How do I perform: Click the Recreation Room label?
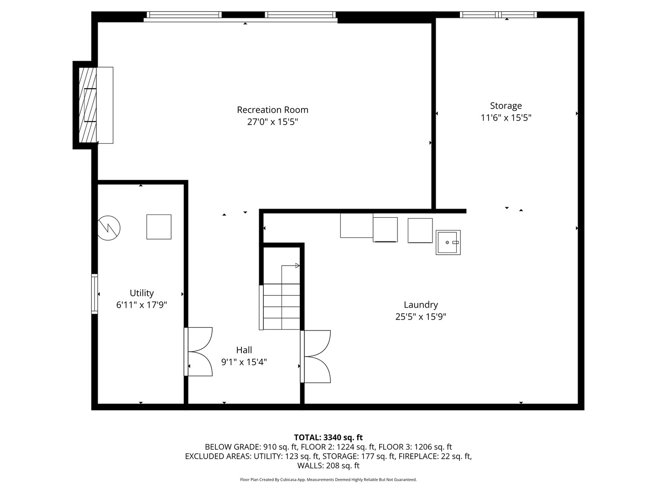pyautogui.click(x=272, y=110)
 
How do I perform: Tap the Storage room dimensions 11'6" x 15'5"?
pyautogui.click(x=506, y=118)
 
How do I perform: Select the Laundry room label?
pyautogui.click(x=421, y=304)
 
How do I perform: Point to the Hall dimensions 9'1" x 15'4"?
pyautogui.click(x=244, y=362)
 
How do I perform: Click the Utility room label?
pyautogui.click(x=141, y=293)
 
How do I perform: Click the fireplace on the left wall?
pyautogui.click(x=94, y=105)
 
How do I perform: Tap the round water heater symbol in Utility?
pyautogui.click(x=109, y=227)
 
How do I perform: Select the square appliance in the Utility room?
pyautogui.click(x=159, y=227)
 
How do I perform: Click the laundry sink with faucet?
pyautogui.click(x=448, y=242)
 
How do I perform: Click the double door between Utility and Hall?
pyautogui.click(x=199, y=351)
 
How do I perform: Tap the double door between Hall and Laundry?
pyautogui.click(x=316, y=357)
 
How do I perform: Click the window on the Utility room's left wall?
pyautogui.click(x=94, y=294)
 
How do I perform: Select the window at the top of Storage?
pyautogui.click(x=498, y=15)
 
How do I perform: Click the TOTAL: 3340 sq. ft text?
pyautogui.click(x=328, y=437)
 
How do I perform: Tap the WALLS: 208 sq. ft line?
pyautogui.click(x=328, y=466)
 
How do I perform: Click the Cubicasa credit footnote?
pyautogui.click(x=328, y=480)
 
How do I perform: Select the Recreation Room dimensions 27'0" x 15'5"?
pyautogui.click(x=272, y=122)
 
